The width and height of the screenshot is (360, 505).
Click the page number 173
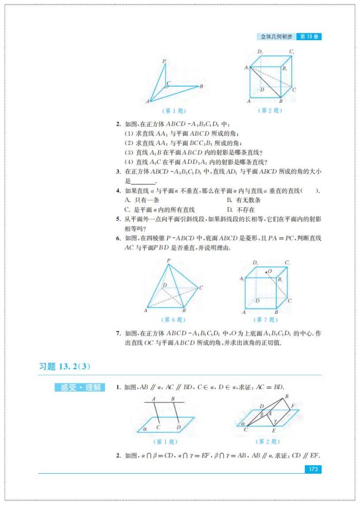[x=312, y=469]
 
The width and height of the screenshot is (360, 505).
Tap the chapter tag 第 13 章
[x=310, y=37]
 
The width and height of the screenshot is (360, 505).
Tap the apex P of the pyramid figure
[x=168, y=261]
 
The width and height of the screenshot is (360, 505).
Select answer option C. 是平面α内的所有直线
[x=159, y=210]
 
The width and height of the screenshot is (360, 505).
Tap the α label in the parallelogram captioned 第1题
[x=146, y=427]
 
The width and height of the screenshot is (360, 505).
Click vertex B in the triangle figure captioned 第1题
[x=201, y=86]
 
